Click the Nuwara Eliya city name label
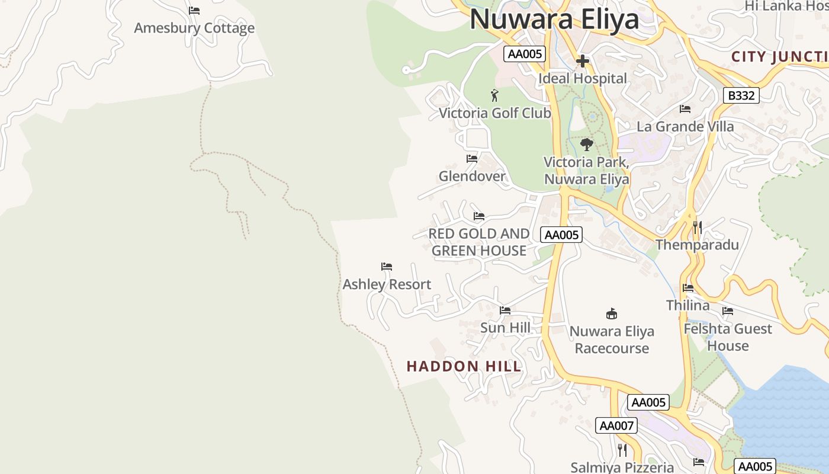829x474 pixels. (x=554, y=19)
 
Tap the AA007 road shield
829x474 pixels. (x=616, y=425)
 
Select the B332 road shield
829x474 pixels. (x=741, y=95)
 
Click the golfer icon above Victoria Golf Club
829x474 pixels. (x=494, y=95)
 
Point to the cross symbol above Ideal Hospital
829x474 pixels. (x=582, y=60)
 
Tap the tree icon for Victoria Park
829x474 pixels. (x=586, y=144)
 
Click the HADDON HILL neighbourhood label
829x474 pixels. (x=464, y=366)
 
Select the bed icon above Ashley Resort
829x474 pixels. (x=387, y=267)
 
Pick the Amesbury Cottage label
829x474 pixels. (x=194, y=28)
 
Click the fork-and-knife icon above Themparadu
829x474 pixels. (x=698, y=228)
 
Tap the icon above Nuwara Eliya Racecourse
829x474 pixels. (x=612, y=313)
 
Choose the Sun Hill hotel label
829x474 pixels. (x=505, y=328)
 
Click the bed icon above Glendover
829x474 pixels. (x=472, y=159)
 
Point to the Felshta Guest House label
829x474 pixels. (x=728, y=337)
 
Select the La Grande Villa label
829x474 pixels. (x=685, y=126)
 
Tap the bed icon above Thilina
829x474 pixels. (x=688, y=288)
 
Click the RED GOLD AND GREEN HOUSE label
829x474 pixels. (x=479, y=242)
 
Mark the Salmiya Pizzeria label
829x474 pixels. (x=622, y=467)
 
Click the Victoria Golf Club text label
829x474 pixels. (x=495, y=113)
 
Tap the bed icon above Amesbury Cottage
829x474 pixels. (x=194, y=11)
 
